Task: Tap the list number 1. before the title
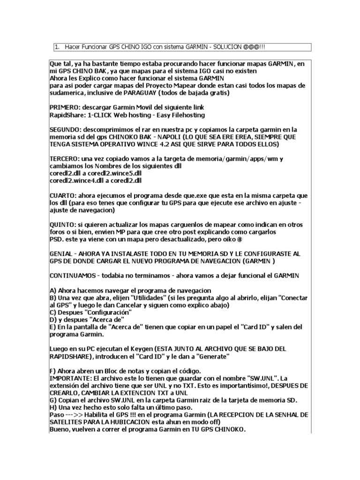[57, 47]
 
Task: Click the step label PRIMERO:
[65, 107]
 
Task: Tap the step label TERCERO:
[65, 159]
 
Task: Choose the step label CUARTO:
[64, 195]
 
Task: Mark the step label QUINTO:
[64, 225]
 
